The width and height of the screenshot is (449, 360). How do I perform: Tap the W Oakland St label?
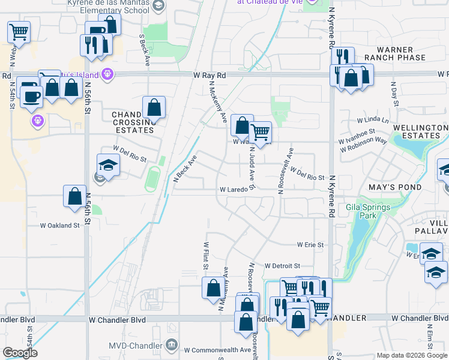tap(59, 226)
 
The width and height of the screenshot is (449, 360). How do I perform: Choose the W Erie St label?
tap(310, 245)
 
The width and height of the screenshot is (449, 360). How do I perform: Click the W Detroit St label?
tap(282, 265)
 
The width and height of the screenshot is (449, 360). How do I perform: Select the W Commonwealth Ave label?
tap(217, 350)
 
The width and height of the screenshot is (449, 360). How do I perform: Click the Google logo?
tap(20, 353)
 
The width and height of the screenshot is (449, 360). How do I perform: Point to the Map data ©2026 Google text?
tap(412, 355)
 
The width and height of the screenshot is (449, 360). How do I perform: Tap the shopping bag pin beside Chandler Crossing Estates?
tap(154, 107)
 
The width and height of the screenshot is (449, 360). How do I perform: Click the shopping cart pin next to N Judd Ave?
tap(261, 132)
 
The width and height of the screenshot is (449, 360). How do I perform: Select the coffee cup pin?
tap(31, 96)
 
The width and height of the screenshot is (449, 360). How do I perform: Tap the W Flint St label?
tap(206, 254)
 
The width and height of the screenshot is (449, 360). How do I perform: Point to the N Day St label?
tap(394, 94)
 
